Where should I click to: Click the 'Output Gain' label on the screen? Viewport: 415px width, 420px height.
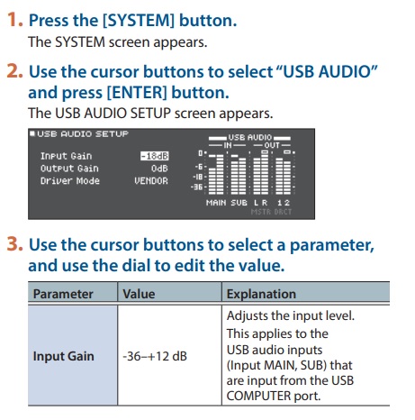click(x=67, y=168)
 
